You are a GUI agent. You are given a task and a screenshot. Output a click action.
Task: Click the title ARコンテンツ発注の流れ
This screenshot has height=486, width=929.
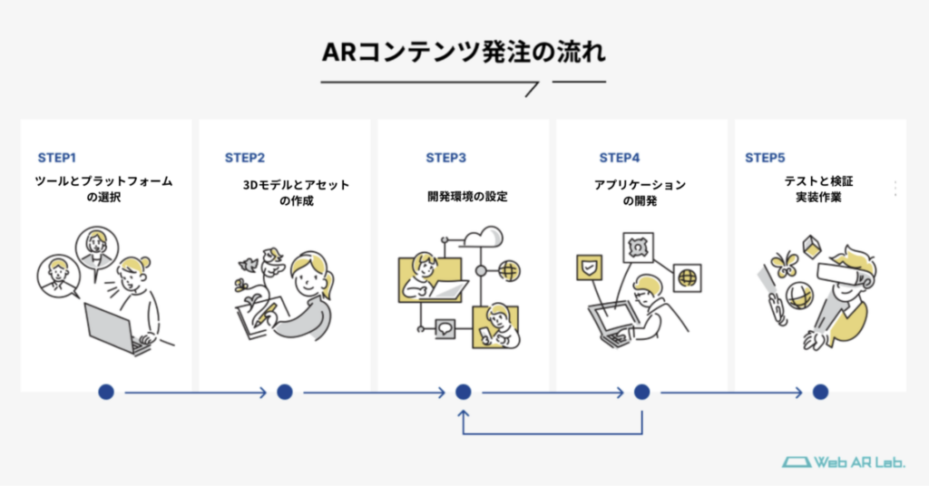point(464,52)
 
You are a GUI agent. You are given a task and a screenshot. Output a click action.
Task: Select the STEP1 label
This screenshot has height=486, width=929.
point(64,158)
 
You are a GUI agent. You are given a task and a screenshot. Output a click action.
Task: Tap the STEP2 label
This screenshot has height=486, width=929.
point(245,158)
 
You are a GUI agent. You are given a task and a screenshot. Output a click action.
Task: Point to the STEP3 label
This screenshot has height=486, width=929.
point(446,158)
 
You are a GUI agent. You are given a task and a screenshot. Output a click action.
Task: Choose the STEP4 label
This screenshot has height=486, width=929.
point(620,158)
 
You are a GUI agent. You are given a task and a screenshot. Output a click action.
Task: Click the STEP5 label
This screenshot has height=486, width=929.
point(765,158)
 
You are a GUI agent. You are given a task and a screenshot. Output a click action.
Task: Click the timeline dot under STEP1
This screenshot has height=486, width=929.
point(106,392)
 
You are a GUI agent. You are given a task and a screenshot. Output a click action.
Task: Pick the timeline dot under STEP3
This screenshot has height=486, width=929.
point(464,392)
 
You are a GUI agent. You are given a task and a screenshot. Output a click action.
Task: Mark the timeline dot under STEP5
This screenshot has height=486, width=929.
point(820,392)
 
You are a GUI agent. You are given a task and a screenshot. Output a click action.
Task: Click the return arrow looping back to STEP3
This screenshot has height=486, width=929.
point(553,433)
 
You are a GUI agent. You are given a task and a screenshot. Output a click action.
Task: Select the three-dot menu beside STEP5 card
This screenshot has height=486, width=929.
point(895,188)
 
